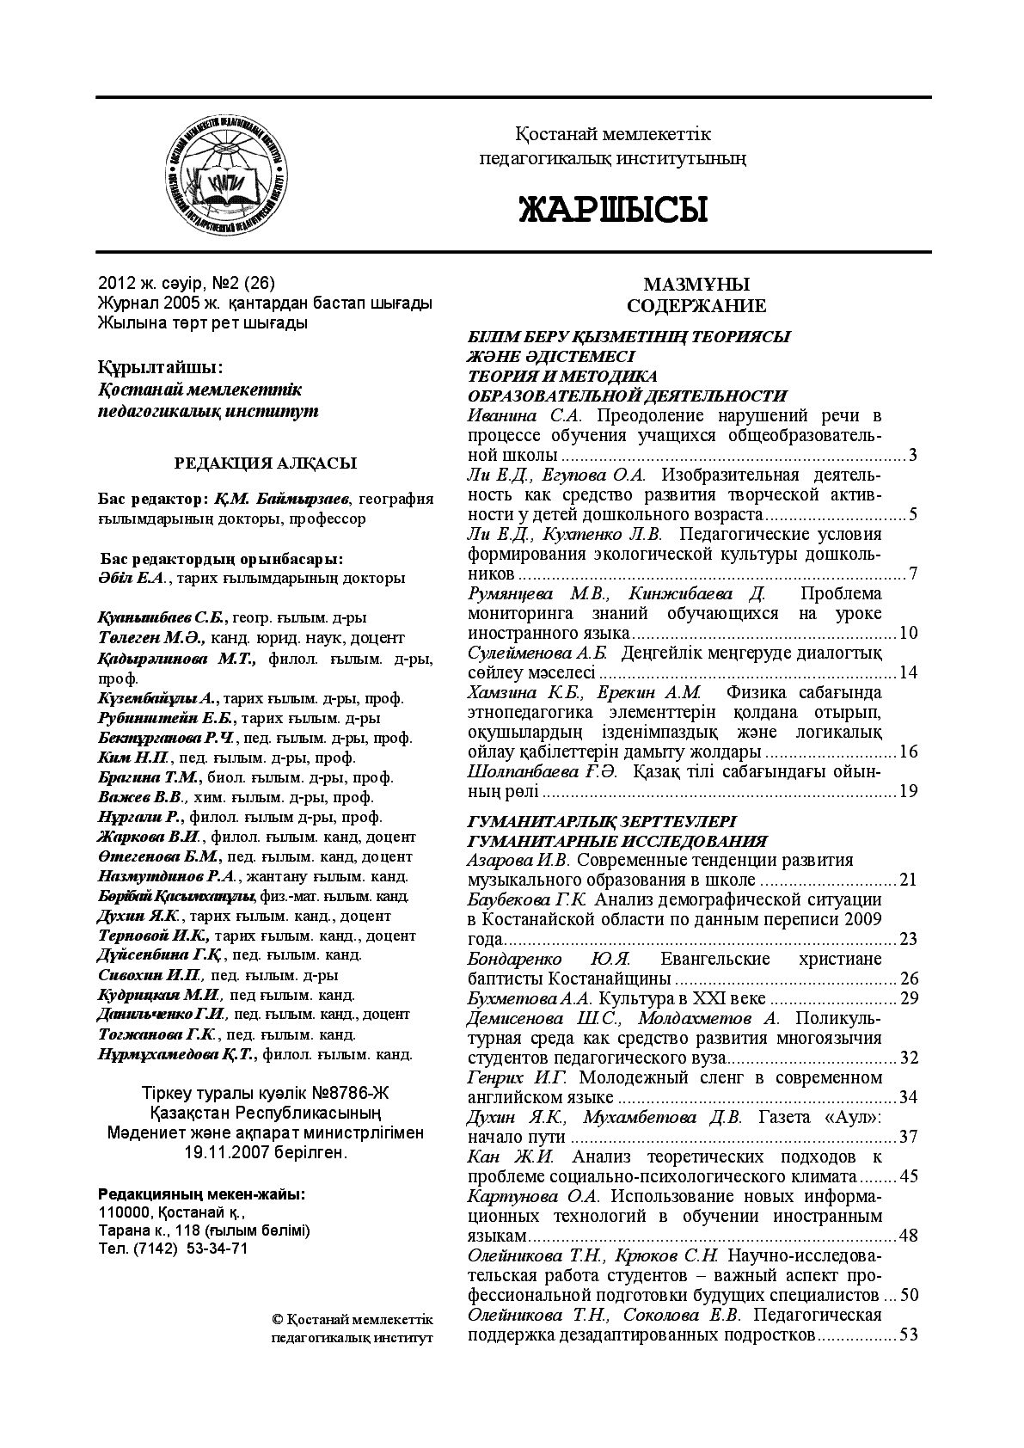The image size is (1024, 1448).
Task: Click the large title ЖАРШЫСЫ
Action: pos(612,209)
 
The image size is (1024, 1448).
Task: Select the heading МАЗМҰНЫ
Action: pos(696,285)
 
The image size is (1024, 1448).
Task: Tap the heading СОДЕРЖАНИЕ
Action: pos(696,306)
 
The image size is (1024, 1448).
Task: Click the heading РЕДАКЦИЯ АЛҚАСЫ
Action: pos(266,463)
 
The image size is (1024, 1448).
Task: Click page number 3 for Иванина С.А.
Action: pos(912,455)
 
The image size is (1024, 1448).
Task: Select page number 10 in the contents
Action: pos(908,634)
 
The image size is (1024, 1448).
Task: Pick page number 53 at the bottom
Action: pos(908,1334)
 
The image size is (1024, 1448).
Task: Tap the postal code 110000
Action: pos(123,1213)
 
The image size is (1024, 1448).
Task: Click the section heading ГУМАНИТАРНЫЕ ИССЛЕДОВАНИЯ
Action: pos(616,841)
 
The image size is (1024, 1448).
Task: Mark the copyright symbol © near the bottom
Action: pos(277,1320)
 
